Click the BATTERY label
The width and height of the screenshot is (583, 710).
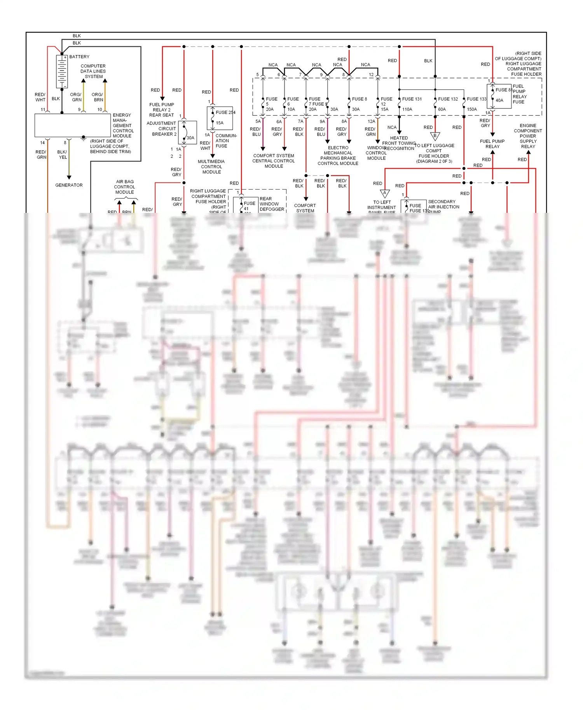79,57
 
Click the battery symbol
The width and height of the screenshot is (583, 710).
62,71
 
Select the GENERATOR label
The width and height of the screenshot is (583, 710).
69,185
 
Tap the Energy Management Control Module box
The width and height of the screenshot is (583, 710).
73,125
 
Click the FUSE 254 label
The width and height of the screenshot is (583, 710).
225,112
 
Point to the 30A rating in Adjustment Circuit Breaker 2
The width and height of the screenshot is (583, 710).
190,138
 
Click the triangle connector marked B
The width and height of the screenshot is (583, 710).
435,136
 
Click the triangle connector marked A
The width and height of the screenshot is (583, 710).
384,193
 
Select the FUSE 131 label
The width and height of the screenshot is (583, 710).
412,99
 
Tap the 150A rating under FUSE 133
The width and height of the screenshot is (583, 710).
471,110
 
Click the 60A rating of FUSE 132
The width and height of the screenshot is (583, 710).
442,110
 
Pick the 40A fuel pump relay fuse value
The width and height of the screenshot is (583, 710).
499,100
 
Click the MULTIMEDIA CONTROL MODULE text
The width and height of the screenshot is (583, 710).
211,167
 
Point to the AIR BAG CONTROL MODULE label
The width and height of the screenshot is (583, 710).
124,187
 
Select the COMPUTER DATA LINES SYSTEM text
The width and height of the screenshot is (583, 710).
93,71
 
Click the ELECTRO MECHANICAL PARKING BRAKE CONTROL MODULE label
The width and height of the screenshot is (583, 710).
338,156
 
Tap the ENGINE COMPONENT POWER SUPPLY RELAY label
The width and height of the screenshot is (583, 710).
527,136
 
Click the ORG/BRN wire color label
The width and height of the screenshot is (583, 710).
98,97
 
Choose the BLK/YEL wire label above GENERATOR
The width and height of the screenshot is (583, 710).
62,155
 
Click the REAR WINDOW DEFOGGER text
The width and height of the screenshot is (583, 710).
272,204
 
